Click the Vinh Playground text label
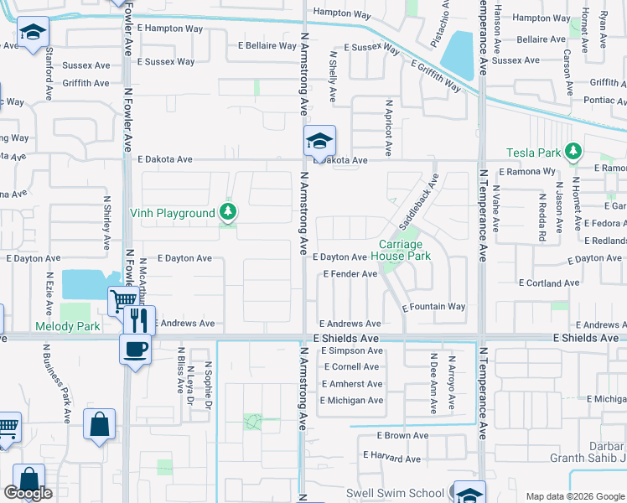(x=172, y=214)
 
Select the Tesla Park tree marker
(x=573, y=152)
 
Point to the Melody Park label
(x=67, y=326)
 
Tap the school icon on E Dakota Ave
(x=319, y=142)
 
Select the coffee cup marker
(x=134, y=349)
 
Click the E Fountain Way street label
(x=433, y=308)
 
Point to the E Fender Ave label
(x=350, y=274)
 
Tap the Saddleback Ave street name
(x=418, y=204)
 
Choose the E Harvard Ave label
(x=393, y=455)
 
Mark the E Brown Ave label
(x=405, y=436)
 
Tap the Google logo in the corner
(x=28, y=493)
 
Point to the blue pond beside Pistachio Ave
(x=458, y=54)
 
